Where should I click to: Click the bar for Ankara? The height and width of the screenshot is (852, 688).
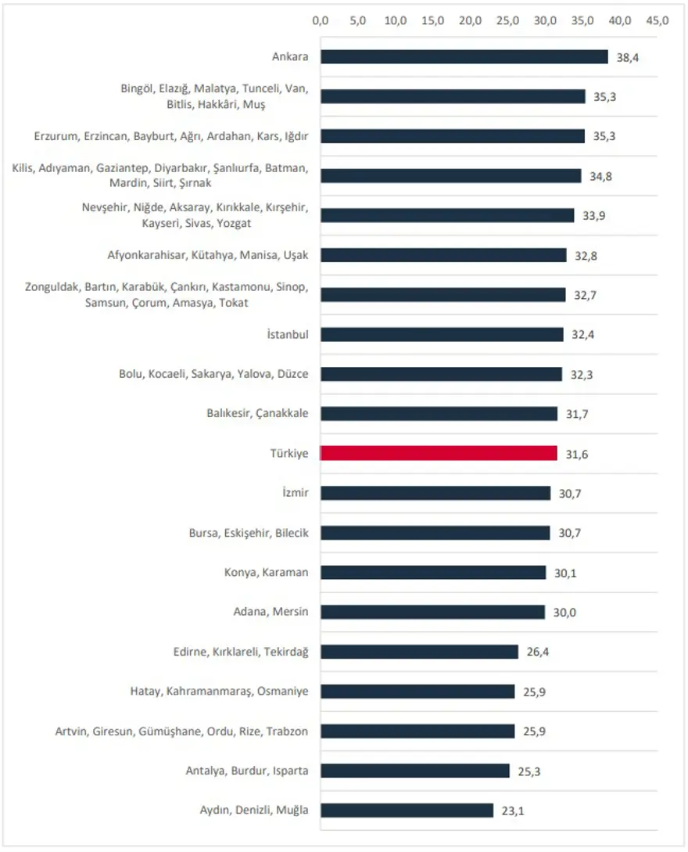coord(464,56)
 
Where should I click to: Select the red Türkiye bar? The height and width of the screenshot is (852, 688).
coord(439,453)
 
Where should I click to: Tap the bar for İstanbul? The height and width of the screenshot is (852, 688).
coord(442,334)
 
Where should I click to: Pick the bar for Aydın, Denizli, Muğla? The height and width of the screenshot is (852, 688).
coord(407,810)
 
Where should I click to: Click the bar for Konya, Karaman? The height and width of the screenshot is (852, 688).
coord(433,572)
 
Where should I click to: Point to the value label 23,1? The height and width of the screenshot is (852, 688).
coord(512,811)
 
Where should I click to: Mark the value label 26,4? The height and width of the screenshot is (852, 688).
coord(537,652)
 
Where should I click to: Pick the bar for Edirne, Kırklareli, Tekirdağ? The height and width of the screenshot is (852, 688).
coord(419,652)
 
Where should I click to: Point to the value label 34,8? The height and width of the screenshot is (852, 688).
coord(600,177)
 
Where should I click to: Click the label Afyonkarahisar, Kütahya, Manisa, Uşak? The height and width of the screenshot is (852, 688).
coord(208,255)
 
